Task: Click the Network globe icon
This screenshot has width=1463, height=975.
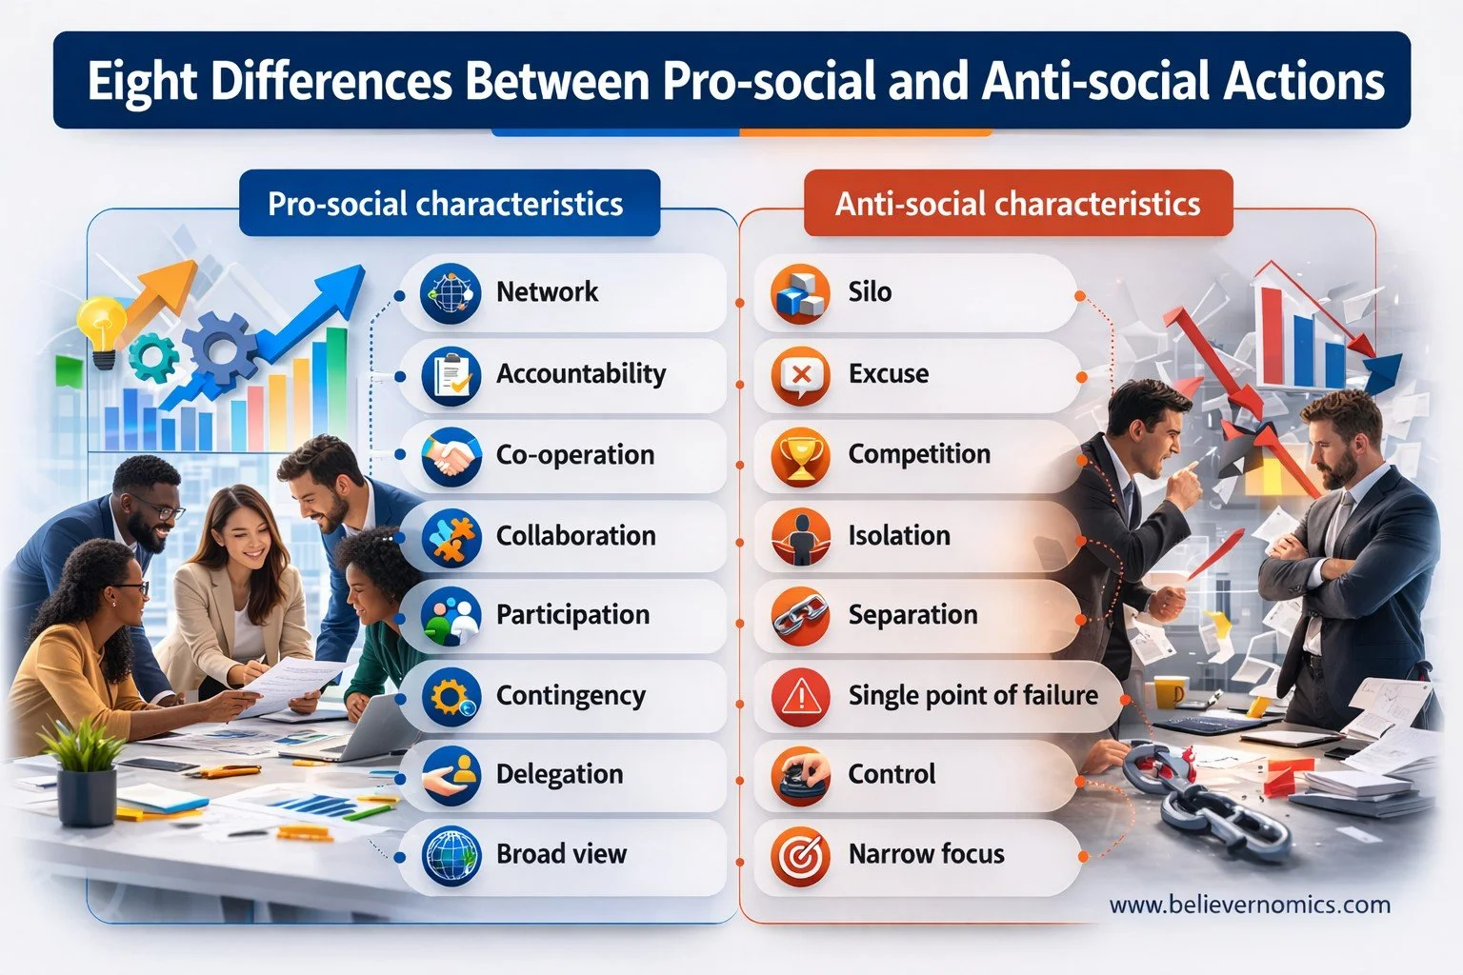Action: tap(450, 294)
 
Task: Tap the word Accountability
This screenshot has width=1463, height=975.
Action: tap(580, 374)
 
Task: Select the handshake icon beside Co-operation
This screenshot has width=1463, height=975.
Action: tap(450, 457)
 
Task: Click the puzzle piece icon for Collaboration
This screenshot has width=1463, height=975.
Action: tap(450, 537)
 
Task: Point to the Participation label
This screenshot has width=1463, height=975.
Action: tap(572, 615)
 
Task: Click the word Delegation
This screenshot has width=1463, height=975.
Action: tap(559, 774)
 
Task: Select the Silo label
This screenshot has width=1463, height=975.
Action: tap(870, 291)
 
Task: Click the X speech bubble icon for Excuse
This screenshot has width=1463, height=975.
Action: tap(800, 375)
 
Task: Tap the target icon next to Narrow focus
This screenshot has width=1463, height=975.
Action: tap(800, 856)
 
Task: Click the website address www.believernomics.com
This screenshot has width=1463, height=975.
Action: tap(1250, 905)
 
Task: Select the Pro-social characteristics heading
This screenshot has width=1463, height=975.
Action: tap(445, 204)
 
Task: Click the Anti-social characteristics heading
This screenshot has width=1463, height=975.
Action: tap(1017, 204)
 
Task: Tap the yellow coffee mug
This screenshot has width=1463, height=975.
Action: tap(1171, 692)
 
